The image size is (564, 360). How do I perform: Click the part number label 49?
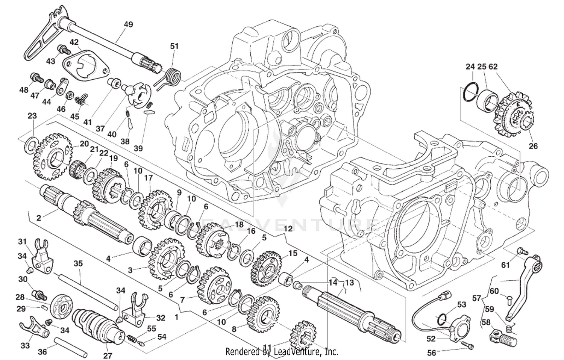tap(128, 24)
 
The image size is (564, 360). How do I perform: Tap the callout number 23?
tap(32, 116)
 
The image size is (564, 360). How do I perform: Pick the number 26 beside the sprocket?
tap(533, 146)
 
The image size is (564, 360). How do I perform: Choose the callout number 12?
tap(288, 228)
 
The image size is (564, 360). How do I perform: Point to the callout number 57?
tap(476, 298)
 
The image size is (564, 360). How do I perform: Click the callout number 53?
tap(461, 304)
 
